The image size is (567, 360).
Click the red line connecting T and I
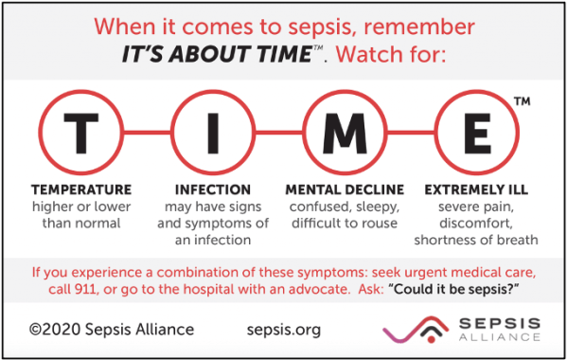[144, 132]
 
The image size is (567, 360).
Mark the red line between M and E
[411, 132]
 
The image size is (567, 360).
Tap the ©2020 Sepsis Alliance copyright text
[112, 329]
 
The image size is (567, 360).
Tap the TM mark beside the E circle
[522, 99]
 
